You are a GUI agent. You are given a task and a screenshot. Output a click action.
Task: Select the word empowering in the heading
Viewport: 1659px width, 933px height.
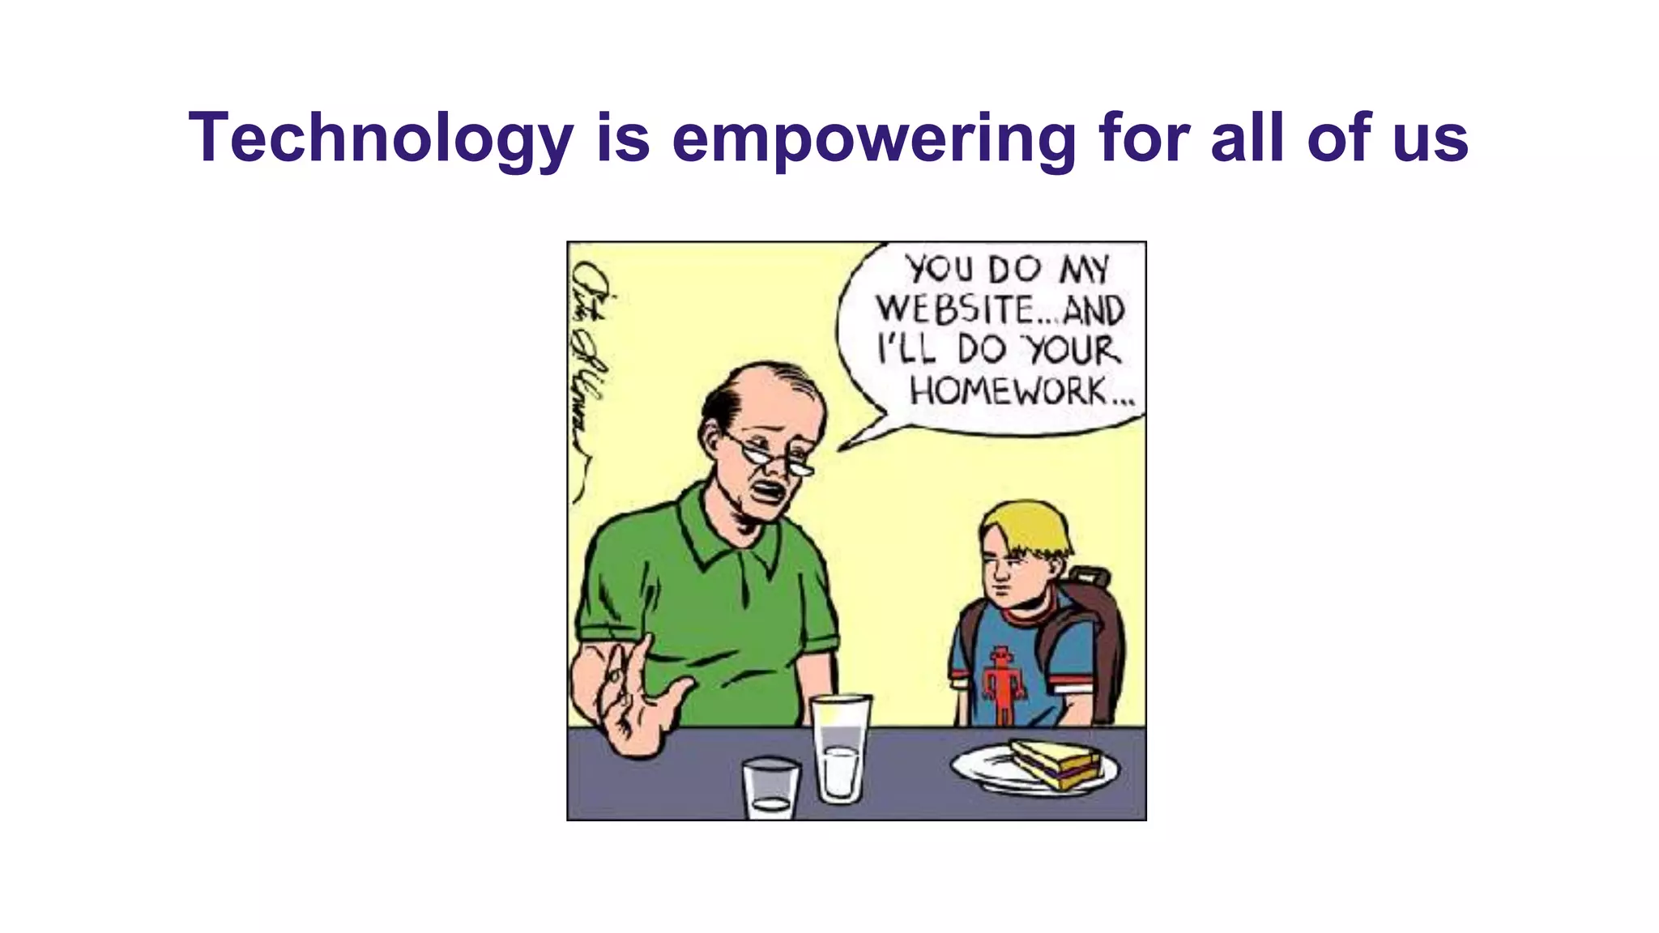point(874,138)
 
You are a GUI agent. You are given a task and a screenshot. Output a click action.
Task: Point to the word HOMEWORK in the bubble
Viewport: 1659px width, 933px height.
point(1009,393)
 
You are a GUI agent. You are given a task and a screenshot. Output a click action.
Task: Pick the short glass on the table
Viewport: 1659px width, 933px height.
point(770,786)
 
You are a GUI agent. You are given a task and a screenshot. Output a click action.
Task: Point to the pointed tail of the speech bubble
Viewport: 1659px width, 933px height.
point(851,441)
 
